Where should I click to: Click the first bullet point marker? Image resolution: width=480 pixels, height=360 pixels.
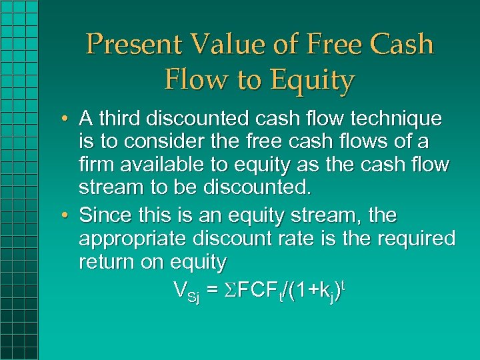(x=69, y=119)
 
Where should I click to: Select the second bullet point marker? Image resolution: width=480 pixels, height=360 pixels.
(x=69, y=216)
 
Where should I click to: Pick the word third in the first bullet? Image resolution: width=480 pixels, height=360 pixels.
(x=119, y=119)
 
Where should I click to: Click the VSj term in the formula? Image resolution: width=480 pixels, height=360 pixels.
(x=186, y=291)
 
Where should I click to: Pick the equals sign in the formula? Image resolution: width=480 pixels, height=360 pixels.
(x=212, y=291)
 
